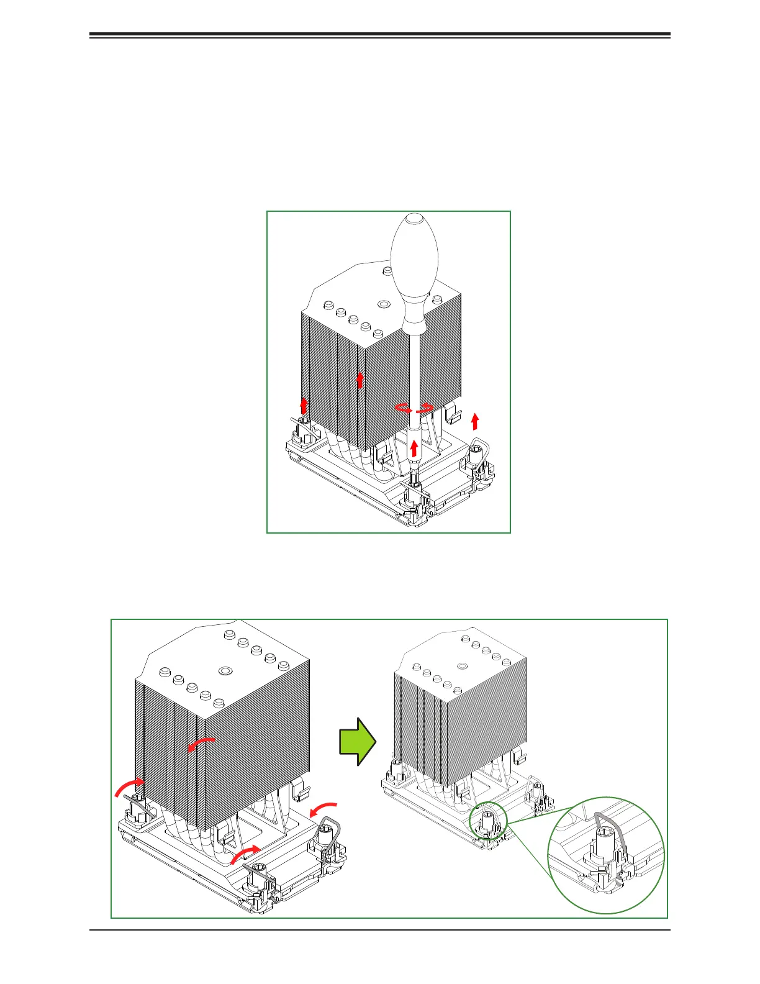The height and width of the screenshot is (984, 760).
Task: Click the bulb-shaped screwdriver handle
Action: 415,267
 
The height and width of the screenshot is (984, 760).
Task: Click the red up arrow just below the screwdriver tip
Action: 414,448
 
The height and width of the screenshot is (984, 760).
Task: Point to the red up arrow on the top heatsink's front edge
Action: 360,379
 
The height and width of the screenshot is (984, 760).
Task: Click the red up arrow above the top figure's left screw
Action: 304,406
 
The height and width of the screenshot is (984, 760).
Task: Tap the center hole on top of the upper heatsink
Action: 384,304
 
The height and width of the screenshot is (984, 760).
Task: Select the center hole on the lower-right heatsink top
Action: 461,667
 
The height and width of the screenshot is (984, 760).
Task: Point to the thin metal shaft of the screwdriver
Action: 414,373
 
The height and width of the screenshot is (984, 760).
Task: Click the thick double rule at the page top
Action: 380,35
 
